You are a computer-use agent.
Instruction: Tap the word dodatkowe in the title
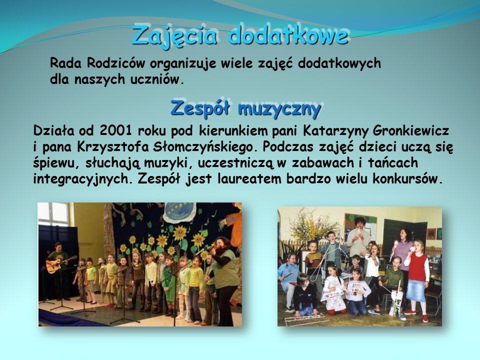coord(288,34)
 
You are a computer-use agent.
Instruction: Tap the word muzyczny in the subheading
coord(279,109)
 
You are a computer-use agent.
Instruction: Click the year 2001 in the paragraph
coord(115,130)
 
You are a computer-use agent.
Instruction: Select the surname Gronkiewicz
coord(411,130)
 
